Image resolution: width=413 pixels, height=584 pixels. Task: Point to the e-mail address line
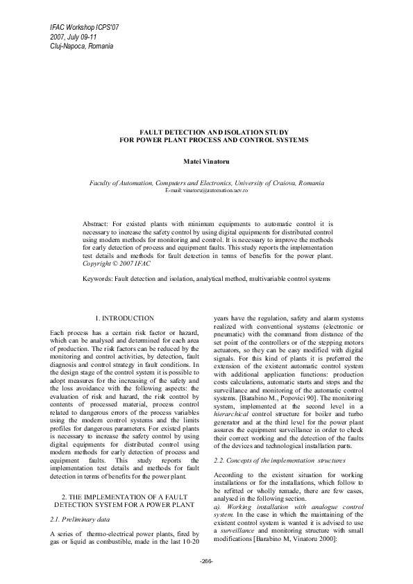206,190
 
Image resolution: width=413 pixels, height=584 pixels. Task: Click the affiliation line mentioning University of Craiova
206,182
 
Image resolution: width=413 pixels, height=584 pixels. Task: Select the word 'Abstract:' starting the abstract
96,225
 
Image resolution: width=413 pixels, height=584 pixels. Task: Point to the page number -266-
206,561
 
